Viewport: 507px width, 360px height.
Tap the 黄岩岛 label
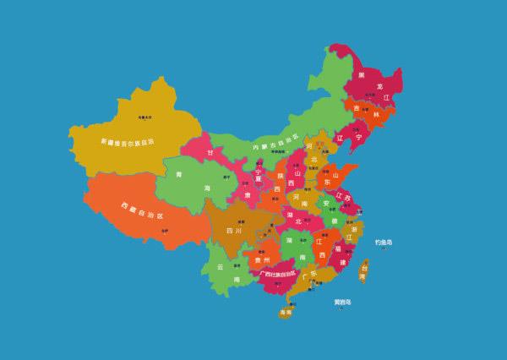pos(342,302)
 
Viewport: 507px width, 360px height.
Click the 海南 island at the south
pos(286,312)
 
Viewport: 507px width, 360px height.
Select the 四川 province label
pos(234,229)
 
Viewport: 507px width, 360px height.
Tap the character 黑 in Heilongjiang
pos(362,75)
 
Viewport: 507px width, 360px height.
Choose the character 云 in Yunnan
pos(221,266)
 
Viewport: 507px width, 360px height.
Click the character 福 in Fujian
pos(337,249)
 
